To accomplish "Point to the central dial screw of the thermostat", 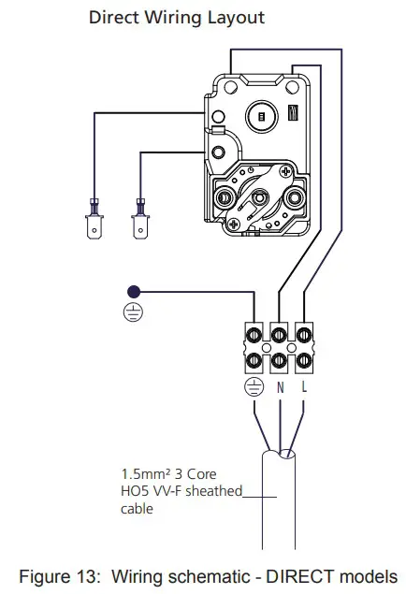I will tap(259, 199).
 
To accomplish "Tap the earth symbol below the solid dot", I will tap(135, 313).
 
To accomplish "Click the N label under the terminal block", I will tap(280, 386).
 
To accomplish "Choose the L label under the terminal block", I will tap(305, 386).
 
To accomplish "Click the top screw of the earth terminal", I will tap(254, 333).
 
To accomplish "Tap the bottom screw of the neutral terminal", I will tap(280, 359).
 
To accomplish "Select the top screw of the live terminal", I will tap(305, 333).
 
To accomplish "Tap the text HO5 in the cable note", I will tap(136, 492).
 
